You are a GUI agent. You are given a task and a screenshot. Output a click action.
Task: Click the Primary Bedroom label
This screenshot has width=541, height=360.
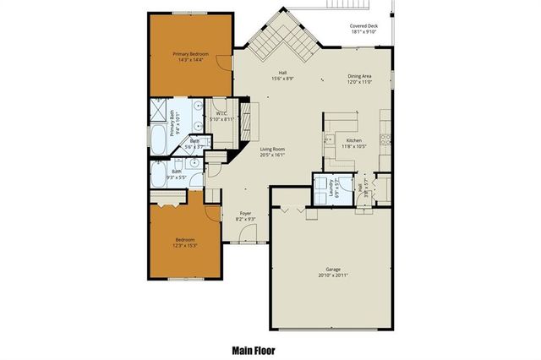pyautogui.click(x=190, y=54)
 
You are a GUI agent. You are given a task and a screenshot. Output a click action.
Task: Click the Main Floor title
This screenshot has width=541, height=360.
pyautogui.click(x=254, y=349)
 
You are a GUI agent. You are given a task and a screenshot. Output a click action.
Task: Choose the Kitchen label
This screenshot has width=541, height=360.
pyautogui.click(x=353, y=139)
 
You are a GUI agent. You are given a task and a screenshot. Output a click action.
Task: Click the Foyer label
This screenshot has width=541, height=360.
pyautogui.click(x=246, y=213)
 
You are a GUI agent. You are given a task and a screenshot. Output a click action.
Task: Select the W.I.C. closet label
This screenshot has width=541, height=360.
pyautogui.click(x=219, y=113)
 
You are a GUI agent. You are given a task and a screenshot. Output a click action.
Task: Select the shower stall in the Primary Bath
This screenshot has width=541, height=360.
pyautogui.click(x=159, y=111)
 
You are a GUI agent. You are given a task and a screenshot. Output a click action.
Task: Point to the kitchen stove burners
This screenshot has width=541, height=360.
pyautogui.click(x=385, y=136)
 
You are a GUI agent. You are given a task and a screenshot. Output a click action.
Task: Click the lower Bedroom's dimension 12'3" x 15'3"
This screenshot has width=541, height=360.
pyautogui.click(x=185, y=246)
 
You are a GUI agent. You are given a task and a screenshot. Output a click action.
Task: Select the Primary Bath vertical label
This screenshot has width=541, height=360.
pyautogui.click(x=177, y=125)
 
